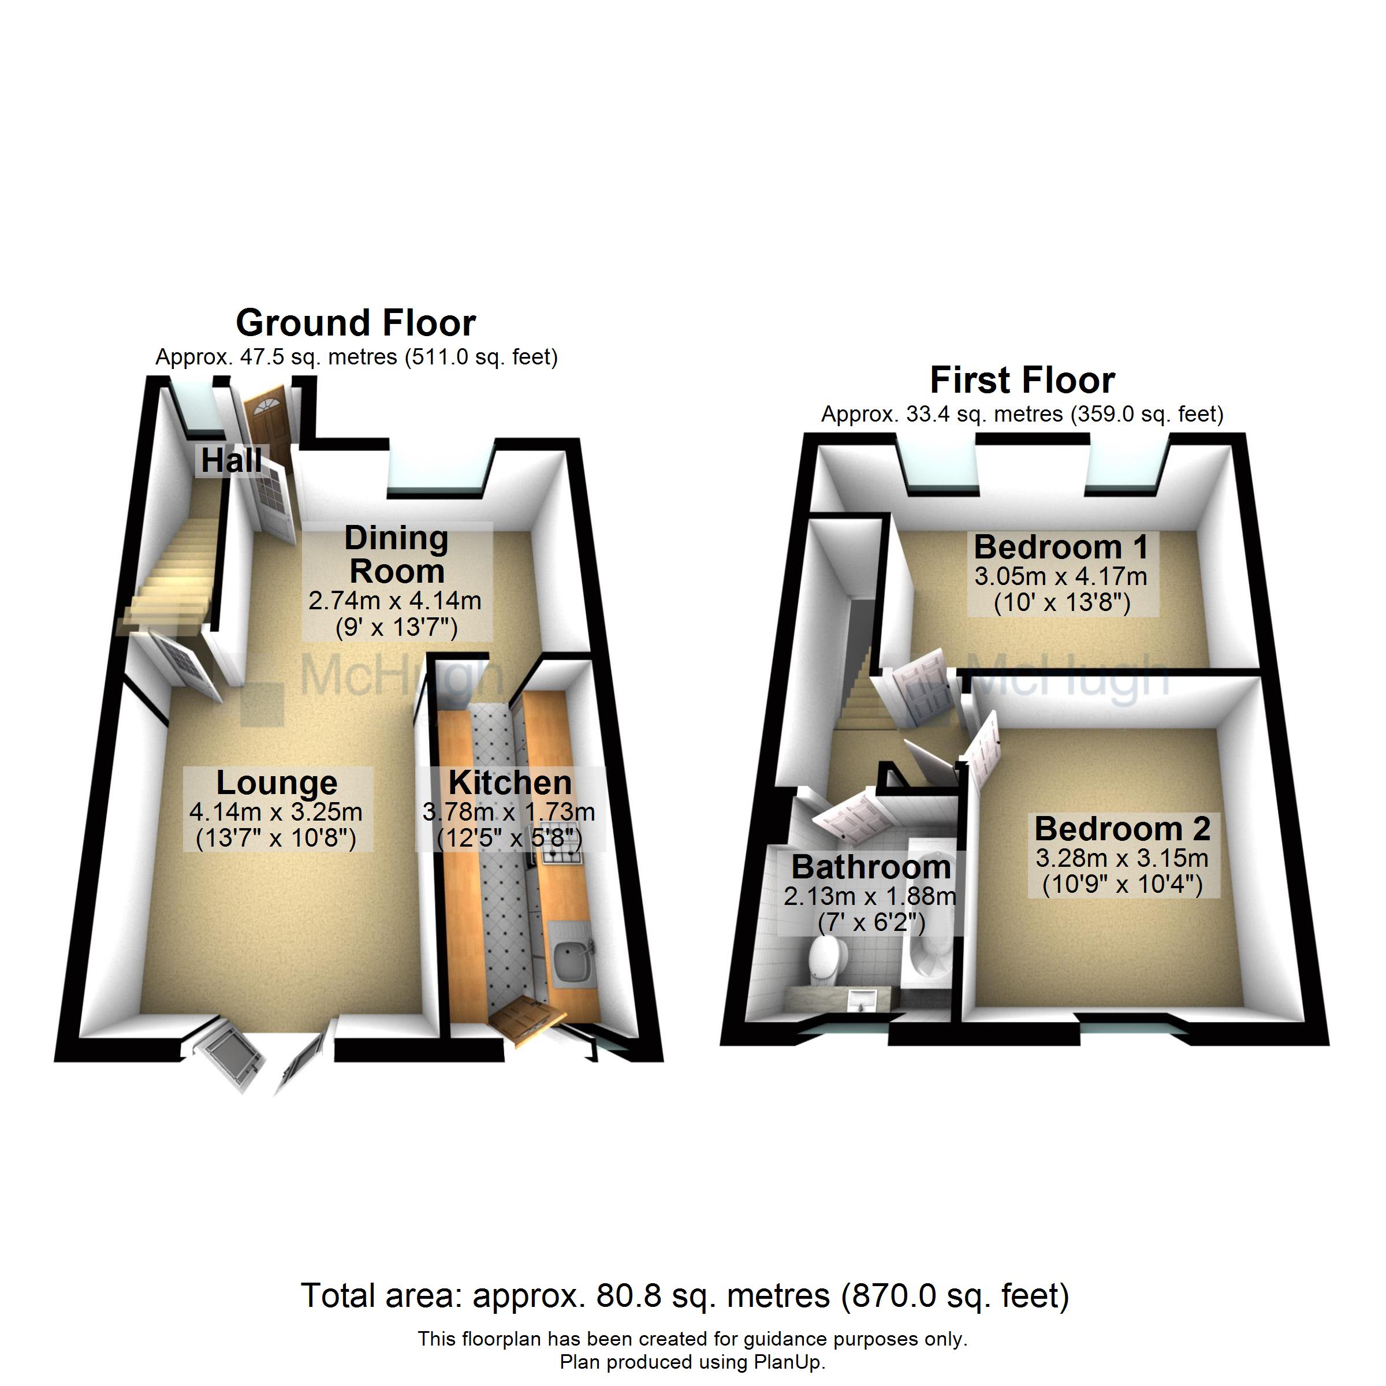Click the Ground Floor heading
tap(356, 323)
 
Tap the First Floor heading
tap(1022, 380)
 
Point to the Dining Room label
tap(397, 554)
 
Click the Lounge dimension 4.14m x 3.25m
tap(275, 812)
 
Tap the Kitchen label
tap(510, 782)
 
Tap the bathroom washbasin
tap(859, 998)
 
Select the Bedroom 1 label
tap(1060, 547)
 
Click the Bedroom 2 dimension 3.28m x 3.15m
tap(1122, 858)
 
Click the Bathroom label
tap(870, 867)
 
